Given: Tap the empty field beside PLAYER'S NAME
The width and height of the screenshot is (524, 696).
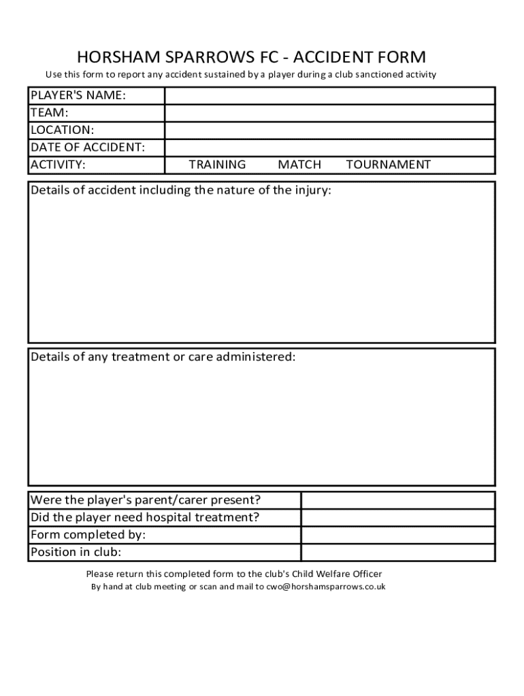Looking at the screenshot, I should pos(329,96).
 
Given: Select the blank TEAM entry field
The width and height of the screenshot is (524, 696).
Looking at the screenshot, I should pos(329,113).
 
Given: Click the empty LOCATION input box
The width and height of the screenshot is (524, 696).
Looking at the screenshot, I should pos(329,130).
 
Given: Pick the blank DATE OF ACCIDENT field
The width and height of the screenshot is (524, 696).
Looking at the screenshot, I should pos(329,147).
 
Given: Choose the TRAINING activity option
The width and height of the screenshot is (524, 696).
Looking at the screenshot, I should pos(217,164).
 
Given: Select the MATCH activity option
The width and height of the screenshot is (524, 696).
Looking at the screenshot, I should pos(299,164).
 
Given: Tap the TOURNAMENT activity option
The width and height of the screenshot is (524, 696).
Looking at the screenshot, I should pos(388,164).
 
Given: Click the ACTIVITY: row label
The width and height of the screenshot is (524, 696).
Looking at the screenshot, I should pos(58,164).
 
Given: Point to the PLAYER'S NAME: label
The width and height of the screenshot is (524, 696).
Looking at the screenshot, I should pos(78,96).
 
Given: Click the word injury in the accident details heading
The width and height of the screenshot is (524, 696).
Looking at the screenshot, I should pos(312,190).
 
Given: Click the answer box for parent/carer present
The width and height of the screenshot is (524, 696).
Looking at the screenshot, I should pos(397,501).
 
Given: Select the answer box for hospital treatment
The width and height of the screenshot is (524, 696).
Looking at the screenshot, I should pos(397,518).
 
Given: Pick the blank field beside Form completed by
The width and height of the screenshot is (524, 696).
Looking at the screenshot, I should pos(397,535).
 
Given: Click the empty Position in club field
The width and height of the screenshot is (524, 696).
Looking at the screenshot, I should pos(397,552).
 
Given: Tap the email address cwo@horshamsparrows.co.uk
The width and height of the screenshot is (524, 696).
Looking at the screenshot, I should pos(321,587).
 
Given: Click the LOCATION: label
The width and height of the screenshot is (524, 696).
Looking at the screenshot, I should pos(62,130).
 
